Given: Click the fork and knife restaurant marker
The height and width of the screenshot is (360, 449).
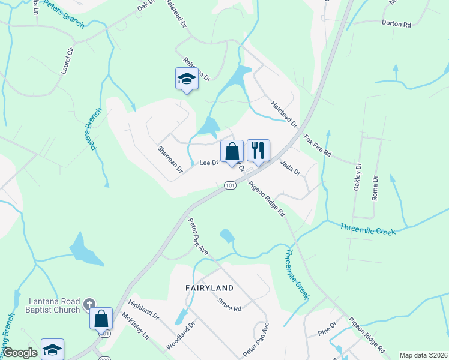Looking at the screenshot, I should (258, 151).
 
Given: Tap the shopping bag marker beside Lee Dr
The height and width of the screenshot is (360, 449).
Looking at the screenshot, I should (232, 151).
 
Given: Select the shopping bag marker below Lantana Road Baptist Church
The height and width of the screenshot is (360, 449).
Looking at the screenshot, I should (101, 318).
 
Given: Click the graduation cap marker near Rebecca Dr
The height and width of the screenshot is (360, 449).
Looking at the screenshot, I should (187, 79).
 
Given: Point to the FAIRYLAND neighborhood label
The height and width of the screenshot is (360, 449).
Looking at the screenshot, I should (209, 288).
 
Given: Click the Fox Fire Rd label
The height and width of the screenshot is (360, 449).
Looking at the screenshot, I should (318, 145).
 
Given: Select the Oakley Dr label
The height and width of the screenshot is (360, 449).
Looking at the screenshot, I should (358, 178).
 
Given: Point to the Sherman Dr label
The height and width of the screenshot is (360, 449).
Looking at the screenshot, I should (170, 159).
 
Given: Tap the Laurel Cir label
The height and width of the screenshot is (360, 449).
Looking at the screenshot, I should (67, 61).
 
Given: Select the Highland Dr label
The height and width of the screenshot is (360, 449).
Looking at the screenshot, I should (143, 310).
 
